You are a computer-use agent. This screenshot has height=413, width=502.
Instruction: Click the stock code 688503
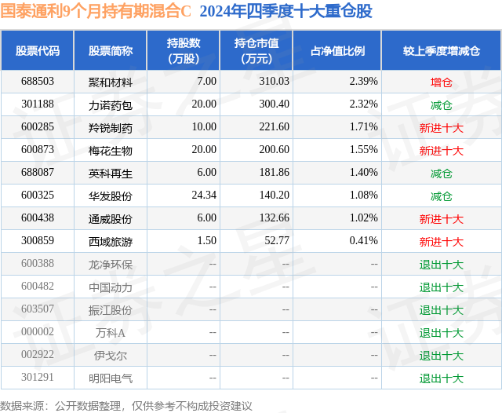[x=38, y=81]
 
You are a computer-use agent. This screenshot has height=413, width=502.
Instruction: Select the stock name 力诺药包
[x=111, y=104]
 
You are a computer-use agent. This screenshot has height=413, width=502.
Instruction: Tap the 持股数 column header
[x=184, y=50]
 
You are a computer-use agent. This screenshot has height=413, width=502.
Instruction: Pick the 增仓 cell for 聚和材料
[x=441, y=82]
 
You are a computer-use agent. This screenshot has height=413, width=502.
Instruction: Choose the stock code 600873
[x=38, y=150]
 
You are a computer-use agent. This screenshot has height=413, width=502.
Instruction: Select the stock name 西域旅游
[x=111, y=242]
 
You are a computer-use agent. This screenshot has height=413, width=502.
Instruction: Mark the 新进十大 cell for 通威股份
[x=441, y=219]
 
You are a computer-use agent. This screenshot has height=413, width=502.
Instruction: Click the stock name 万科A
[x=111, y=333]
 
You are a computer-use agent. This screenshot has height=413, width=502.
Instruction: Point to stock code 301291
[x=38, y=378]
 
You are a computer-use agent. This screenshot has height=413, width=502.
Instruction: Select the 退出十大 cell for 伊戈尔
[x=441, y=356]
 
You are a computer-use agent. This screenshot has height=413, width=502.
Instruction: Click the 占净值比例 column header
[x=337, y=50]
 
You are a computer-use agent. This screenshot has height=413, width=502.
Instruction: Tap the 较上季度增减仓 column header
[x=441, y=50]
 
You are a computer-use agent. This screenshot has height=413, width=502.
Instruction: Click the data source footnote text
[x=126, y=405]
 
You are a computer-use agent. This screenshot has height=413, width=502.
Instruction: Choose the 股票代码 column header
[x=38, y=50]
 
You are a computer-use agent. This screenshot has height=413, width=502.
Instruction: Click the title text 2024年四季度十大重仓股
[x=286, y=12]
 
